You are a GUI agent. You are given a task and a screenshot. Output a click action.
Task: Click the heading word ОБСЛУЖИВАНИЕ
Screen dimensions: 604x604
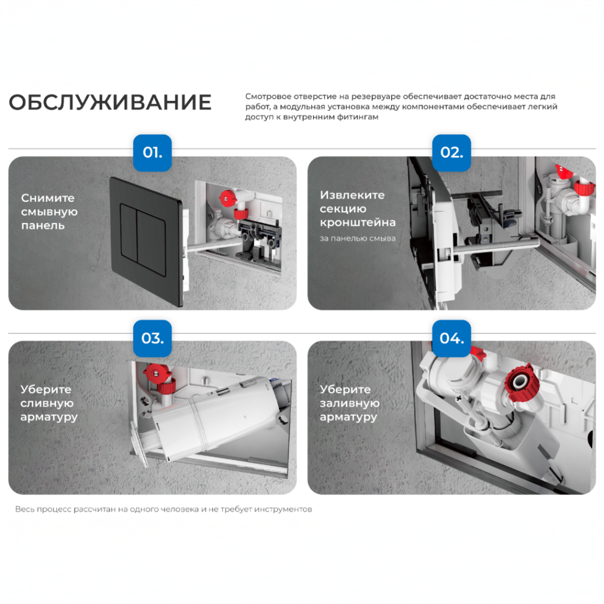110,103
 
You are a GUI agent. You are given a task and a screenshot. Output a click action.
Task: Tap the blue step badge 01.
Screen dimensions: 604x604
152,153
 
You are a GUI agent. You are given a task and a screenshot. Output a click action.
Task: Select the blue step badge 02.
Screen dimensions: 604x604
451,153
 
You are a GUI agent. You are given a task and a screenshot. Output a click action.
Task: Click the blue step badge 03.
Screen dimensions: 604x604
152,339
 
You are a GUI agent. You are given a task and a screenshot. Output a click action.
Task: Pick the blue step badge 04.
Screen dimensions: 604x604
451,339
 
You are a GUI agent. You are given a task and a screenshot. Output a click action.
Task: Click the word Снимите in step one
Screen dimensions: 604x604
47,198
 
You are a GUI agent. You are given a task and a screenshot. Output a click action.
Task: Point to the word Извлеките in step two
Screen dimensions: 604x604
352,195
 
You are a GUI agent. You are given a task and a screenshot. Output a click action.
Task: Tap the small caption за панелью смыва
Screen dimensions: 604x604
357,238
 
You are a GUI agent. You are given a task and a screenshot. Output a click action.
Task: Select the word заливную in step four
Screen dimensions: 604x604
349,403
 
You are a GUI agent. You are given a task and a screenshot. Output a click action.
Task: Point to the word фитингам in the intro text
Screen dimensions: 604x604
357,116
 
